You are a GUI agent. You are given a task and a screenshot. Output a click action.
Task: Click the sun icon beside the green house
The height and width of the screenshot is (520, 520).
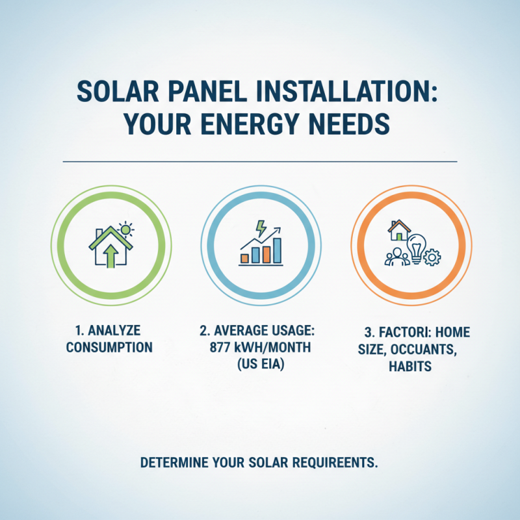click(x=126, y=229)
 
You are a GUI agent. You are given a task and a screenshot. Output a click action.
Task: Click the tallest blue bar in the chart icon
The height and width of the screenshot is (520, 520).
click(x=278, y=250)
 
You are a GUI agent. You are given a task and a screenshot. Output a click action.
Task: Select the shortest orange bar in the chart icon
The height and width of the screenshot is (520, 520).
click(x=244, y=258)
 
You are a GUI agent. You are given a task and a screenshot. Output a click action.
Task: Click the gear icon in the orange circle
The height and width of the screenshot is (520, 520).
click(x=430, y=257)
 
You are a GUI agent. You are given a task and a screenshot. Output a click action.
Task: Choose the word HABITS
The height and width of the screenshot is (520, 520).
click(x=412, y=367)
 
